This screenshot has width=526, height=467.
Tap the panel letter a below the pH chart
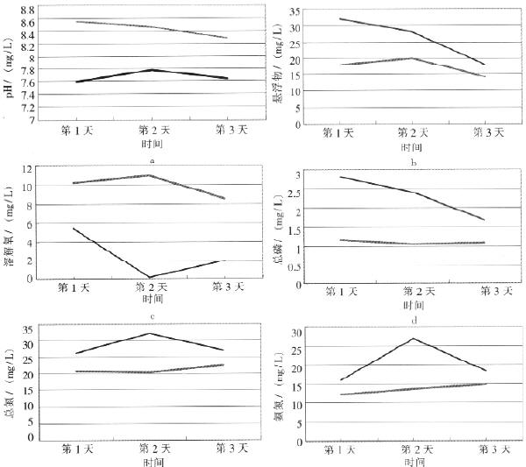153,160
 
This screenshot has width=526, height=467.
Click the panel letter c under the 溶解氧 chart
153,316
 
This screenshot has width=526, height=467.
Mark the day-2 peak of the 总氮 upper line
151,333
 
